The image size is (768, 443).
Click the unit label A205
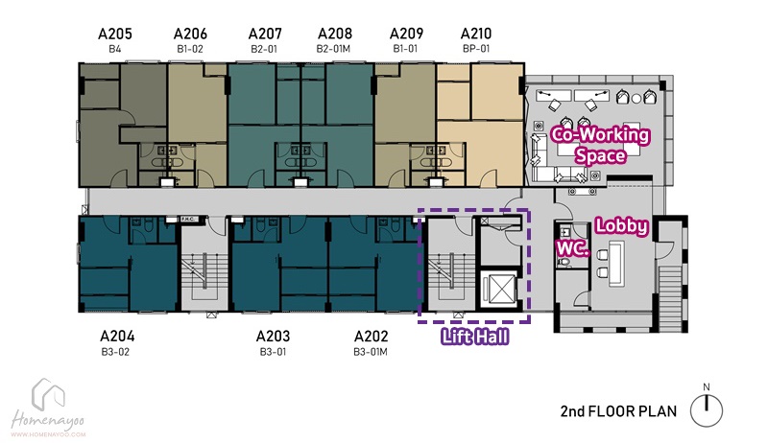[x=115, y=34]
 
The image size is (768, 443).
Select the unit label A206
[x=190, y=34]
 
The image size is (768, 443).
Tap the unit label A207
[x=265, y=34]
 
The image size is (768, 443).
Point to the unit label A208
[x=335, y=34]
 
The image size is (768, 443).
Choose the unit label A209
[x=406, y=34]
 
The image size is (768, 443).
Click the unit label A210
[x=476, y=34]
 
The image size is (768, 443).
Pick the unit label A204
[x=117, y=337]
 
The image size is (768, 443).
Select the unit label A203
[x=273, y=337]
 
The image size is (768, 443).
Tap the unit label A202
[x=371, y=337]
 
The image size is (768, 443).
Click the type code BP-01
[x=476, y=49]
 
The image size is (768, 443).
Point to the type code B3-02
[x=115, y=352]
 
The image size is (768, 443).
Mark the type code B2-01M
[x=333, y=49]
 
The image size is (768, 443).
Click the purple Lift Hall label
[x=474, y=337]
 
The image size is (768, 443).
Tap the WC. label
[x=572, y=248]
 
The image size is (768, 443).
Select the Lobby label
[x=621, y=226]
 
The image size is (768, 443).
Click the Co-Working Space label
[x=601, y=145]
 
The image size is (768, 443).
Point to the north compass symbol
[x=707, y=408]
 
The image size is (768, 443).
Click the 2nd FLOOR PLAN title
[x=618, y=411]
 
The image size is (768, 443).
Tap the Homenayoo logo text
[x=47, y=421]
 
